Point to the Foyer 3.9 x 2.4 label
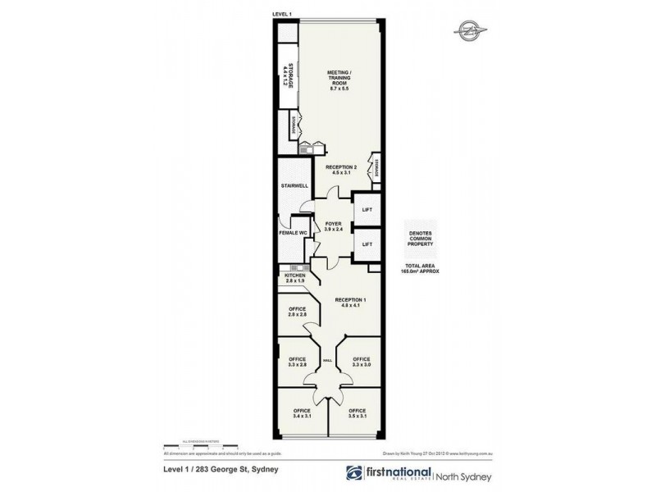coord(333,226)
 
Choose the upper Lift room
coord(367,210)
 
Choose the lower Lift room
coord(367,244)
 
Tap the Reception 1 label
coord(350,303)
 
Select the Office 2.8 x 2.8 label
coord(297,312)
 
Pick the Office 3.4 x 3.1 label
coord(297,413)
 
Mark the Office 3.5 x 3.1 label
coord(357,413)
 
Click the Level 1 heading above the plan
coord(284,15)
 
